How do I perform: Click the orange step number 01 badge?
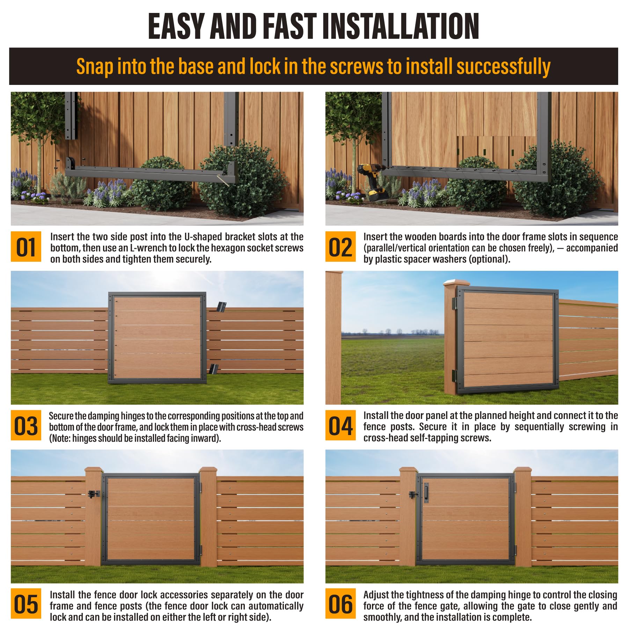26,246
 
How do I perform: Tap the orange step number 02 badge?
341,246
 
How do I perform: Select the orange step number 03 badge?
26,425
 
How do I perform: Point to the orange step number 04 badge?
341,425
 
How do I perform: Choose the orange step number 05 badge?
26,604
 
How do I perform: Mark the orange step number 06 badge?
341,604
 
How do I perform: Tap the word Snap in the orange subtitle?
95,66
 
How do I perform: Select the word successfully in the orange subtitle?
503,66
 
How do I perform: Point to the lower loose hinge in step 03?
213,369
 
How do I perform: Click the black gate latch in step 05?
94,494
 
